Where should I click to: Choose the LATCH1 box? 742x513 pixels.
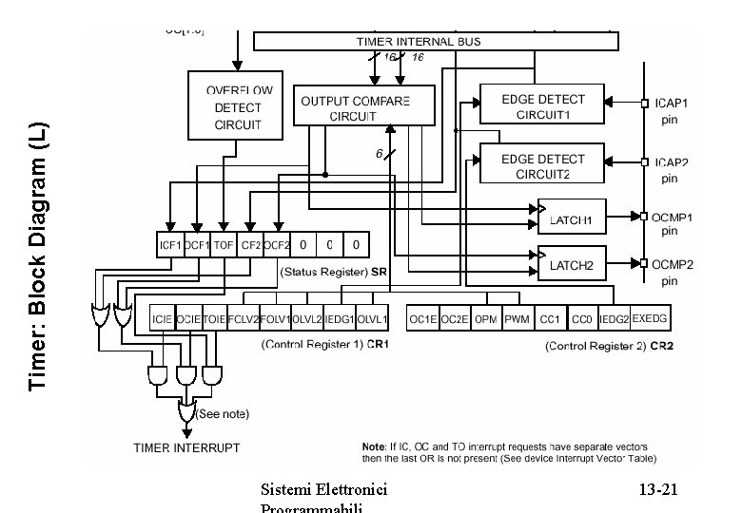[x=571, y=219]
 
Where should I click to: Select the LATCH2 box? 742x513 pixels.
[x=571, y=264]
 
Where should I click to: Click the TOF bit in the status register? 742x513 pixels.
[x=224, y=245]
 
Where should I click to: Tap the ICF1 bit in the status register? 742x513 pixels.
[x=170, y=245]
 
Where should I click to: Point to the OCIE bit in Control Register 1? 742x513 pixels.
[x=189, y=319]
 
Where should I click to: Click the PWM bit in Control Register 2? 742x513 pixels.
[x=517, y=319]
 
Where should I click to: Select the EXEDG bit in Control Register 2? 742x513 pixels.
[x=650, y=319]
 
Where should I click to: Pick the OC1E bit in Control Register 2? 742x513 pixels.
[x=422, y=319]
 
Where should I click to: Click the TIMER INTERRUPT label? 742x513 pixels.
[x=186, y=446]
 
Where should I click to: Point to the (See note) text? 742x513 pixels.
[x=222, y=413]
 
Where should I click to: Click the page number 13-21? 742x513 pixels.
[x=657, y=490]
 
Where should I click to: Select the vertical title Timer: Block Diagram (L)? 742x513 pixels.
[x=38, y=256]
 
